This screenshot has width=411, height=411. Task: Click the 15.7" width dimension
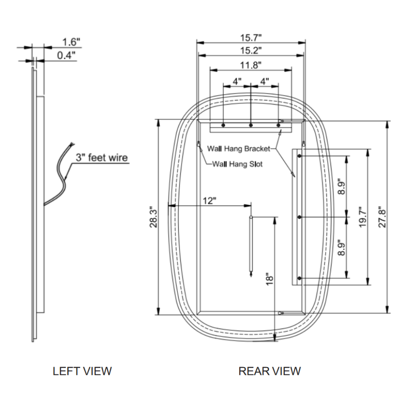[251, 38]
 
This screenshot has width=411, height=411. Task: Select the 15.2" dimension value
[251, 51]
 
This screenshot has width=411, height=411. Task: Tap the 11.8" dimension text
[251, 65]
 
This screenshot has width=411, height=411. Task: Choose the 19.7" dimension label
[363, 217]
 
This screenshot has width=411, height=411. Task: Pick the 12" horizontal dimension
[209, 201]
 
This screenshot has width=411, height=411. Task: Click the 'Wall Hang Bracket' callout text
[238, 148]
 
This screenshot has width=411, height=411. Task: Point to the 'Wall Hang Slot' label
[237, 164]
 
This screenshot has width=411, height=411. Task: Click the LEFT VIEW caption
[82, 371]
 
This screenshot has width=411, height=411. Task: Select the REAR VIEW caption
[270, 371]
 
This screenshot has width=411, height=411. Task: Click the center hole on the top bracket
[251, 125]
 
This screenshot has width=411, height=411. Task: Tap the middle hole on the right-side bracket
[299, 217]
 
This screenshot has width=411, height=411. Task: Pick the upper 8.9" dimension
[340, 187]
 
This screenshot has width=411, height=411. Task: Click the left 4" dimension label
[237, 81]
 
